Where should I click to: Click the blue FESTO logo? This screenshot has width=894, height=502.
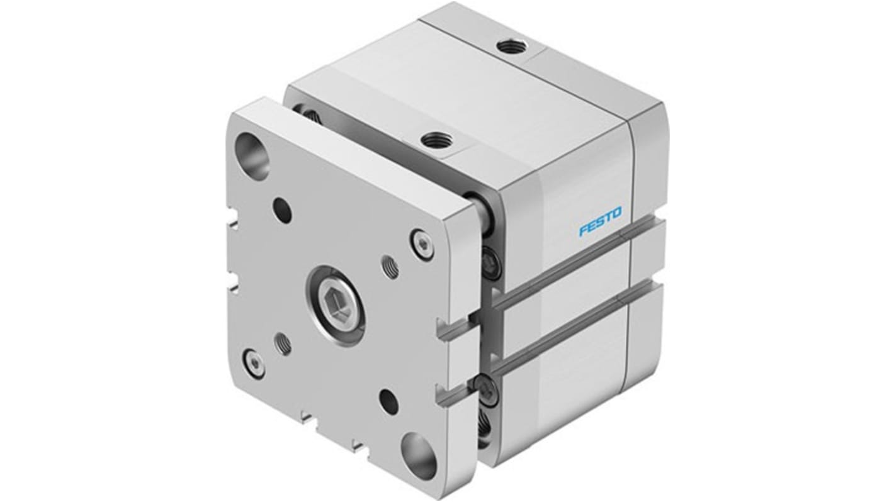[x=599, y=222]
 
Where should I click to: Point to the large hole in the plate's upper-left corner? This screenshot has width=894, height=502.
[x=252, y=150]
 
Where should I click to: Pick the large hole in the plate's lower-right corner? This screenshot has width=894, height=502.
[x=418, y=455]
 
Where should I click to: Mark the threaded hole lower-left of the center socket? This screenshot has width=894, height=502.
[x=284, y=343]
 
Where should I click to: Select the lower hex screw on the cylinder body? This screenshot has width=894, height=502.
[x=487, y=389]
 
